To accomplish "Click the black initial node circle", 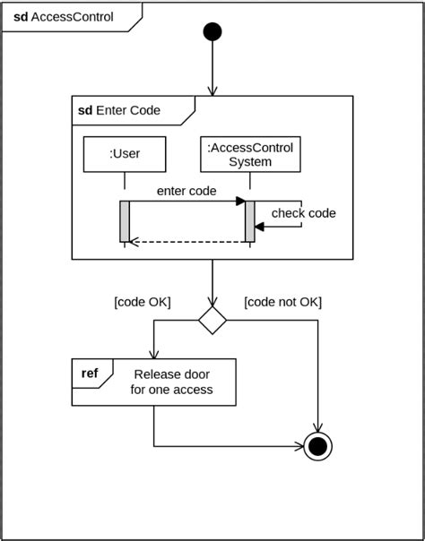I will coord(212,32).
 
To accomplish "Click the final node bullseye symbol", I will coord(319,445).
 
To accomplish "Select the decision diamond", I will coord(212,320).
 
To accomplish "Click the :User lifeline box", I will coord(125,153).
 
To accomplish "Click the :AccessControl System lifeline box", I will coord(250,153).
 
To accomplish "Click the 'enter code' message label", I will coord(186,191).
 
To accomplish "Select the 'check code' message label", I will coord(303,213).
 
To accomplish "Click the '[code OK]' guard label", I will coord(143,302).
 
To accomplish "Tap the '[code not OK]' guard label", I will coord(282,302).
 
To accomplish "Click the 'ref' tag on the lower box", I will coord(90,373).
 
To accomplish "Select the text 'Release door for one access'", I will coord(174,382).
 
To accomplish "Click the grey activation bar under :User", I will coord(125,220).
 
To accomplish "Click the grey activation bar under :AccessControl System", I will coord(250,220).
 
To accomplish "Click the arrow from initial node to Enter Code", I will coord(212,67).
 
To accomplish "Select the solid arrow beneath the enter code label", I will coord(186,202).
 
